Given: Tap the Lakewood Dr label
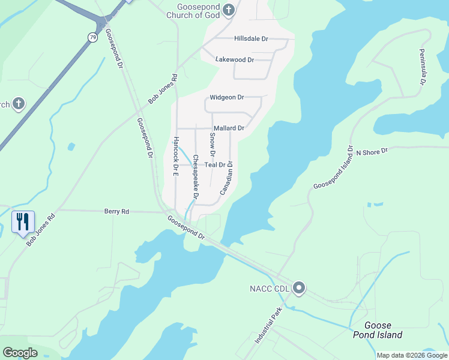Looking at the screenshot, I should [x=235, y=59].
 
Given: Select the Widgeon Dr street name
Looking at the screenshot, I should [x=227, y=97].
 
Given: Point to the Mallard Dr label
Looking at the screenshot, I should [x=229, y=128].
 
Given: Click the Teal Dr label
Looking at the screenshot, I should [x=215, y=164].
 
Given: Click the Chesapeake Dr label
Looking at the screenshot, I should [x=194, y=178].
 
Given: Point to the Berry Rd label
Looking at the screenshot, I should [x=116, y=211].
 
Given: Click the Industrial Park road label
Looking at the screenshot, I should [x=268, y=326].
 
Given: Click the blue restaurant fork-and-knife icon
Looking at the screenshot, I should [x=23, y=222].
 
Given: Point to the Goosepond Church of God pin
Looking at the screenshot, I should [x=228, y=10].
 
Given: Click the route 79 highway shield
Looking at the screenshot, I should [x=92, y=37].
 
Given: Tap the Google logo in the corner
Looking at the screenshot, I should [x=20, y=353].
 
